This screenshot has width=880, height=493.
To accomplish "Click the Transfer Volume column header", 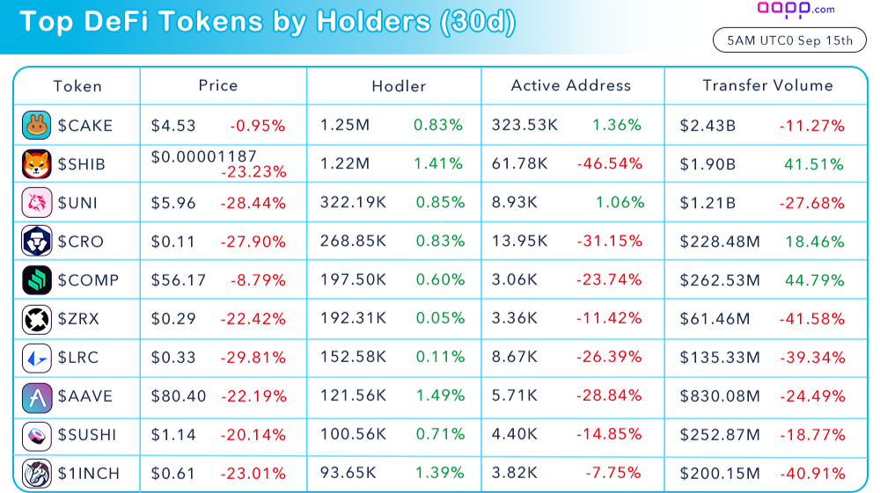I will tap(767, 85).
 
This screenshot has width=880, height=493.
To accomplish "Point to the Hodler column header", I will tap(399, 86).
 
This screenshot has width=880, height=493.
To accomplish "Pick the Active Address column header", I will tap(571, 85).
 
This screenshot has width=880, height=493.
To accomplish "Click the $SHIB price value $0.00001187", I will tap(204, 156).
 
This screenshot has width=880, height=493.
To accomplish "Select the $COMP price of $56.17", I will tap(179, 280).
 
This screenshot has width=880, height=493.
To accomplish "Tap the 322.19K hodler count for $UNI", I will tap(353, 203).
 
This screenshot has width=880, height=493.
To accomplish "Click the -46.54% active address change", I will tap(609, 164).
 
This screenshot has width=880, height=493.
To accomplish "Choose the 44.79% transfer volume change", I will tap(814, 280).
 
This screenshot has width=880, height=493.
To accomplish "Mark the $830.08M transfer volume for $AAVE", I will tap(719, 396).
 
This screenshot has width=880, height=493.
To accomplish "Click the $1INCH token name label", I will tap(88, 474).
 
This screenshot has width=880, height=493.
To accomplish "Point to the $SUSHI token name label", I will tap(87, 435).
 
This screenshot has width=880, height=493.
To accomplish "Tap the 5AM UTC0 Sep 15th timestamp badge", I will tap(789, 40).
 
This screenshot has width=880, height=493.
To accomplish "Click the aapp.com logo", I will tap(796, 10).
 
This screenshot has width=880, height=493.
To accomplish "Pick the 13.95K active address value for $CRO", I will tap(520, 242).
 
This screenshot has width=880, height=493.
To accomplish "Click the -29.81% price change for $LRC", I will tap(258, 358).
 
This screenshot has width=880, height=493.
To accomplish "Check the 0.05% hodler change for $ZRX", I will tap(439, 319).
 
